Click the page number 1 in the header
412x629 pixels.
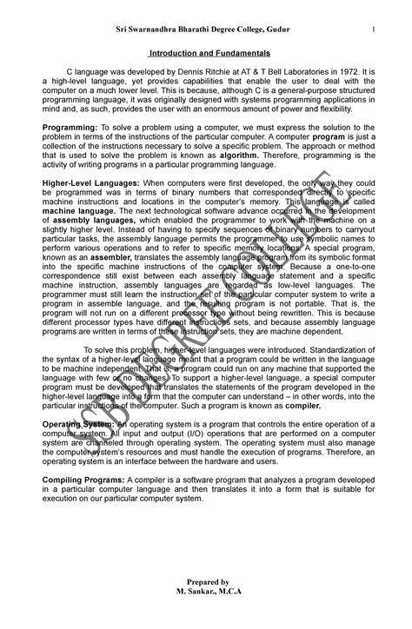372,32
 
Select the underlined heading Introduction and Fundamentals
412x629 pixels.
206,53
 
